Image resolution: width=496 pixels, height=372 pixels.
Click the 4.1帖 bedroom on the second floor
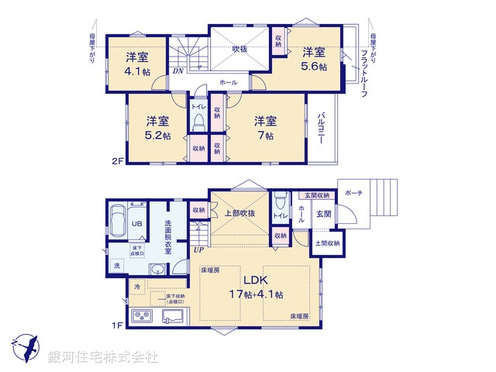(x=137, y=62)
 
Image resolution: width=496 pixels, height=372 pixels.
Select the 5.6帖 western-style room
(x=314, y=59)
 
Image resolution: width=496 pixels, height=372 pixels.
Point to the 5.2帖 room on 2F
(x=157, y=127)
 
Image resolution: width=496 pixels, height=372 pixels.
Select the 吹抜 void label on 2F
(x=240, y=50)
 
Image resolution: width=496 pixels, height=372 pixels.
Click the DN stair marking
(x=177, y=71)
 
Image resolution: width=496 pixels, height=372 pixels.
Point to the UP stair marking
(x=199, y=250)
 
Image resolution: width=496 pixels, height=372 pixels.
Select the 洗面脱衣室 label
(x=167, y=237)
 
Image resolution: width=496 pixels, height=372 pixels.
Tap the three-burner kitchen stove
(x=145, y=316)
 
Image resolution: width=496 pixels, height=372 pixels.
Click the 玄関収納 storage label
(x=316, y=195)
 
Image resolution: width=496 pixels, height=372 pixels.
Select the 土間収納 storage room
(x=327, y=243)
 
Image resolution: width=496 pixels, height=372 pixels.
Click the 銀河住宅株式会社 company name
(x=103, y=357)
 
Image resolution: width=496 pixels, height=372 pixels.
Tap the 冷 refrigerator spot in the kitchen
(x=137, y=287)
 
